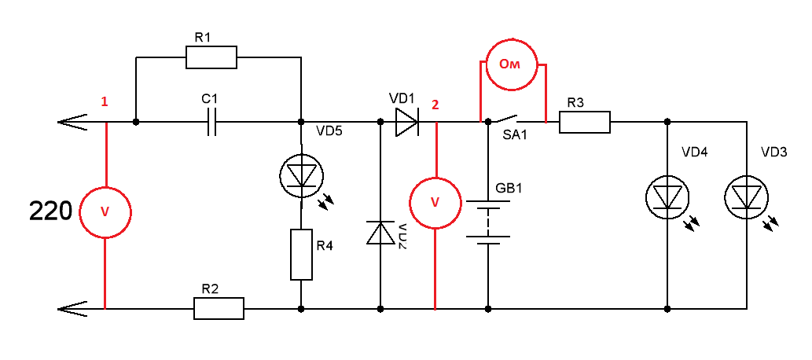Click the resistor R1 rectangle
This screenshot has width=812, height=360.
coord(211,57)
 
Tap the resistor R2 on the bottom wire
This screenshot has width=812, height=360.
coord(219,308)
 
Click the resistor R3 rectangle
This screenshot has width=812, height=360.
coord(585,123)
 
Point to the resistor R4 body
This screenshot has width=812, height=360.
coord(302,255)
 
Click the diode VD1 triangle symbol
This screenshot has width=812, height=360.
coord(408,123)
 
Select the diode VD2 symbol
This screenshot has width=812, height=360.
coord(380,233)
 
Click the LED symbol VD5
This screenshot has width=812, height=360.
coord(302,175)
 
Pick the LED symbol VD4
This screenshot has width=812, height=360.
coord(667,197)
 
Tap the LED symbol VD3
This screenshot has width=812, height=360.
coord(745,197)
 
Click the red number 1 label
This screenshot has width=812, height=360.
coord(104,102)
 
